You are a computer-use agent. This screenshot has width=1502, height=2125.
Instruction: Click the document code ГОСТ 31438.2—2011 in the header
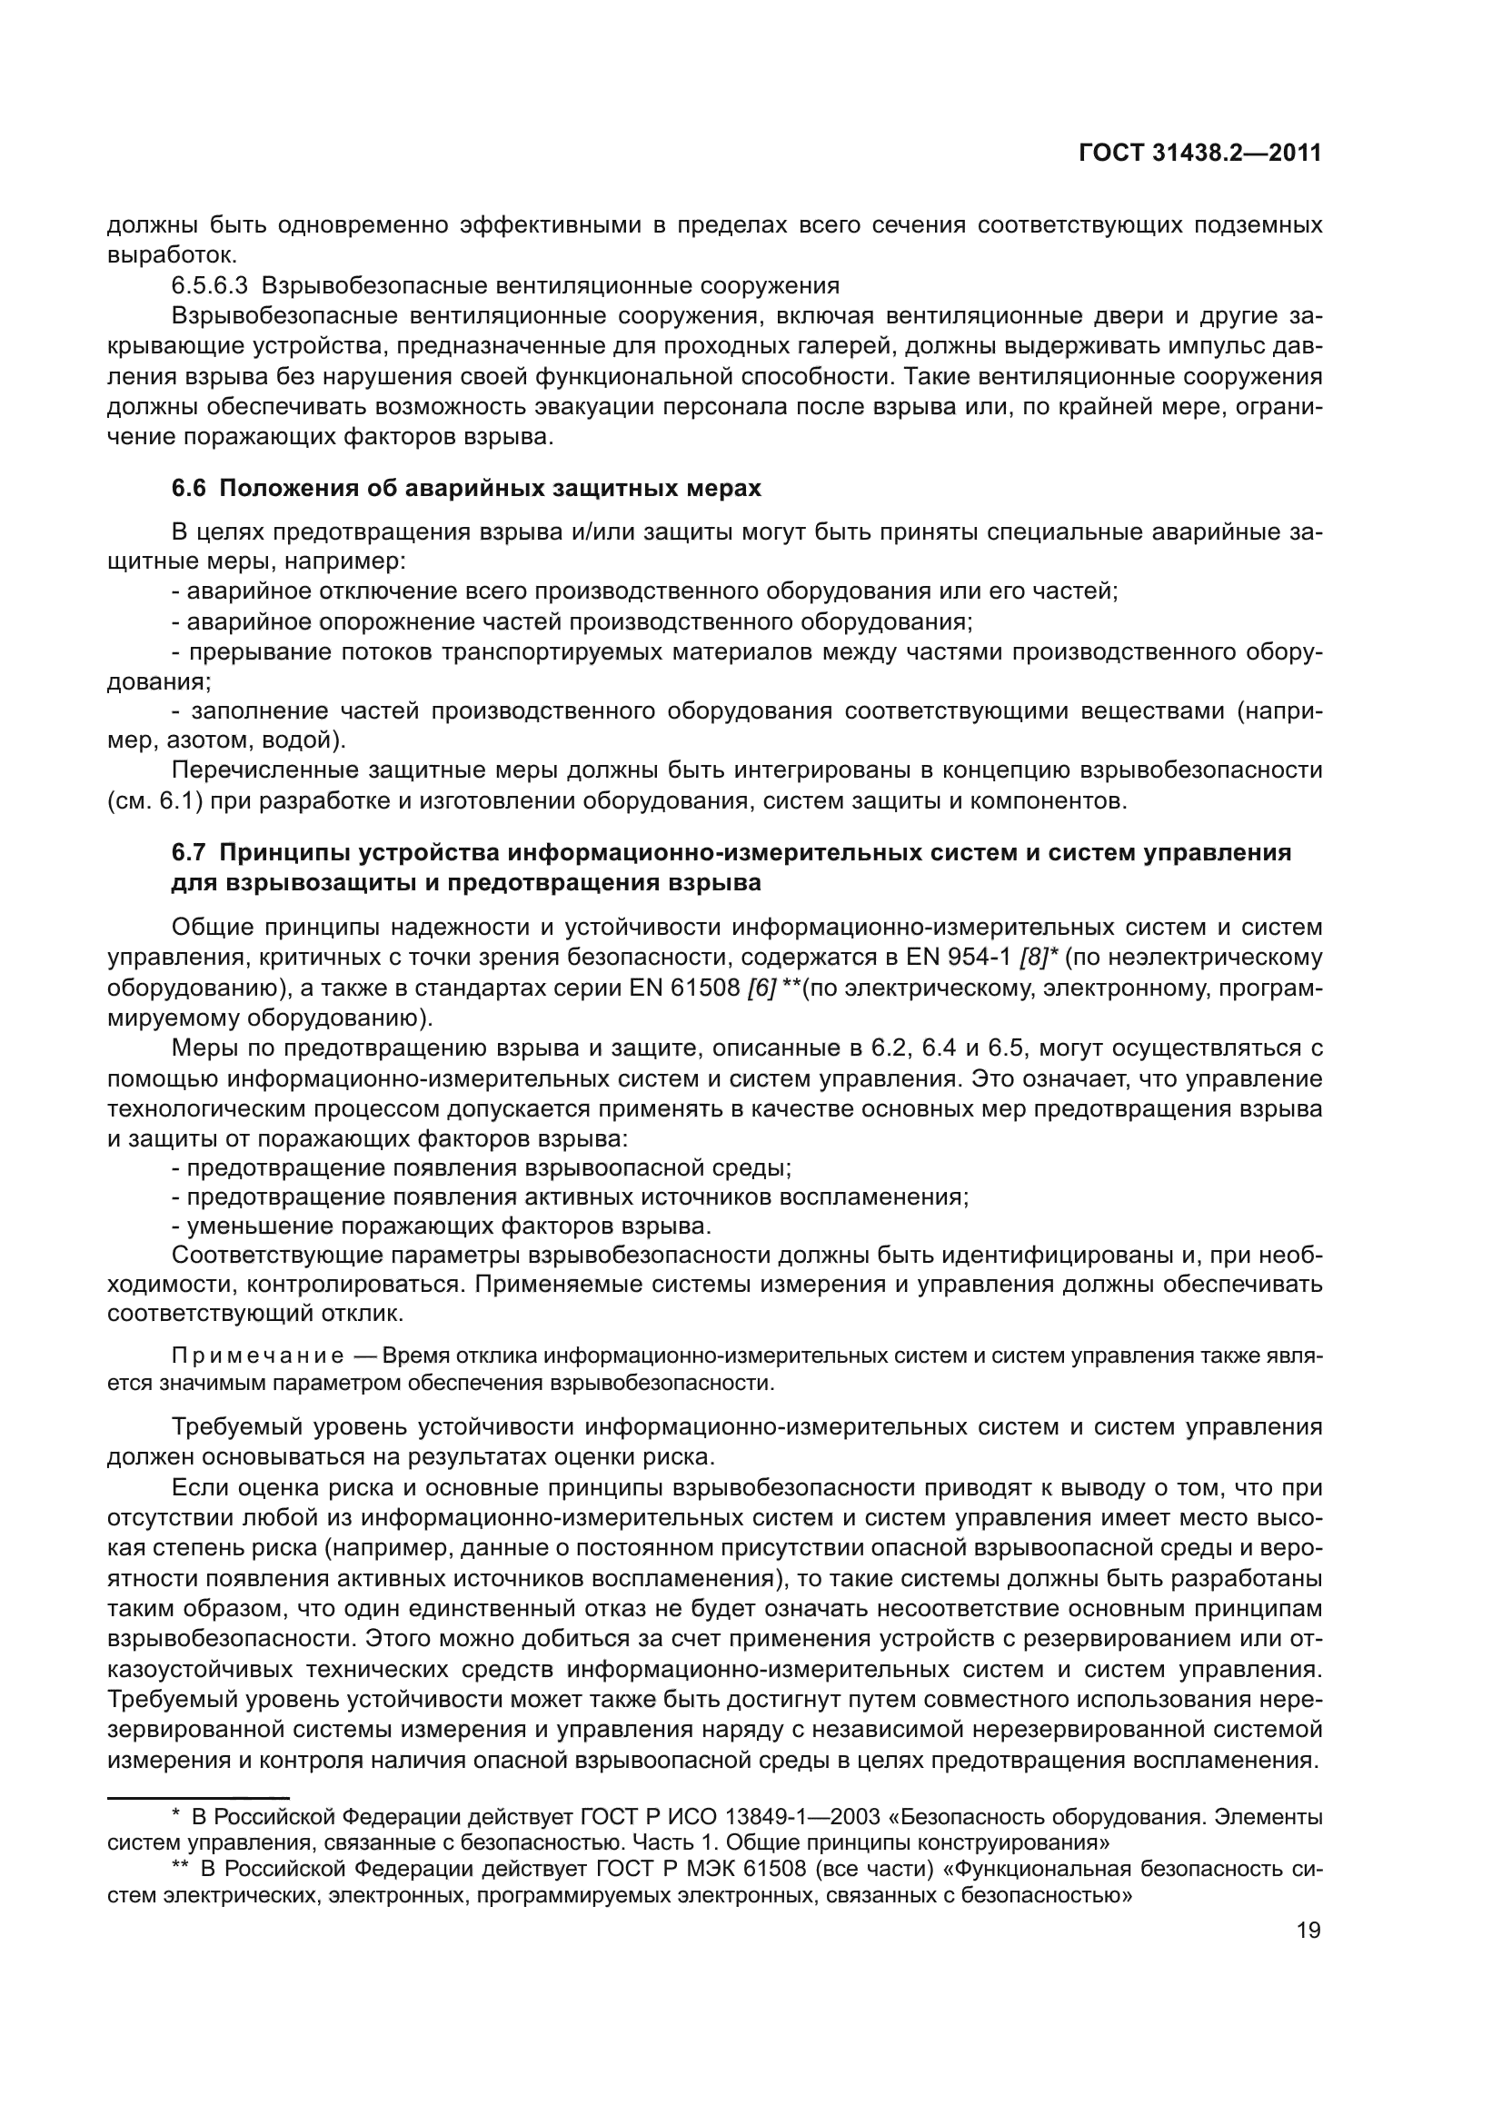pos(1199,154)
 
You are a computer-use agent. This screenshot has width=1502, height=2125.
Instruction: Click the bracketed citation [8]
pos(1033,957)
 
